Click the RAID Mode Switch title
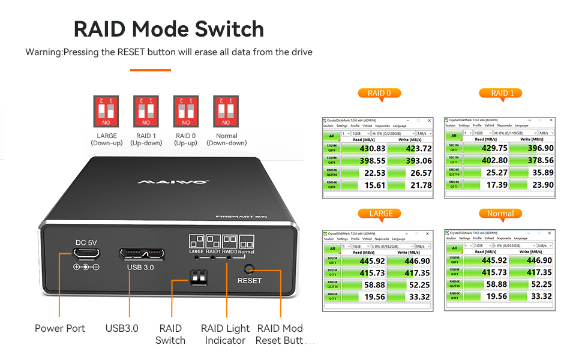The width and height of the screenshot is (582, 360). click(x=169, y=29)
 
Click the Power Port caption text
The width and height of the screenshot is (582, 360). click(x=60, y=328)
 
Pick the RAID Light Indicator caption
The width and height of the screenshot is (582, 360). click(x=225, y=334)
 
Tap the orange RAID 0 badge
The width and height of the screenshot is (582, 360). click(x=379, y=93)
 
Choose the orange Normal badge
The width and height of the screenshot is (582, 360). click(x=500, y=213)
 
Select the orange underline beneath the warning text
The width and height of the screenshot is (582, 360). click(x=151, y=70)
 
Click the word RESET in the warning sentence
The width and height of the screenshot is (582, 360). click(x=140, y=52)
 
